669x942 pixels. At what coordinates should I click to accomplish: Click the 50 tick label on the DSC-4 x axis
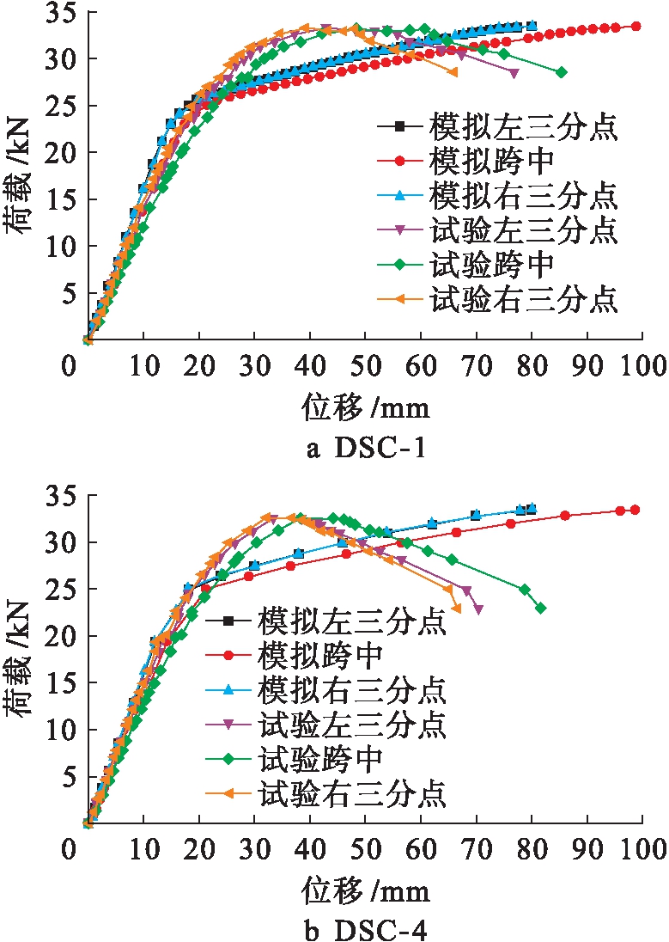[365, 853]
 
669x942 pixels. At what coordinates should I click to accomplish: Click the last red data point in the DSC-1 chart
[636, 26]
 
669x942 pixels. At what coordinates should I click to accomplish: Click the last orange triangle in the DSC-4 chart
[456, 609]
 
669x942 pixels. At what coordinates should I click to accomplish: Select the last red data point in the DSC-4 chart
[636, 510]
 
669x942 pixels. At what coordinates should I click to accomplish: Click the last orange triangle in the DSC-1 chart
[453, 72]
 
